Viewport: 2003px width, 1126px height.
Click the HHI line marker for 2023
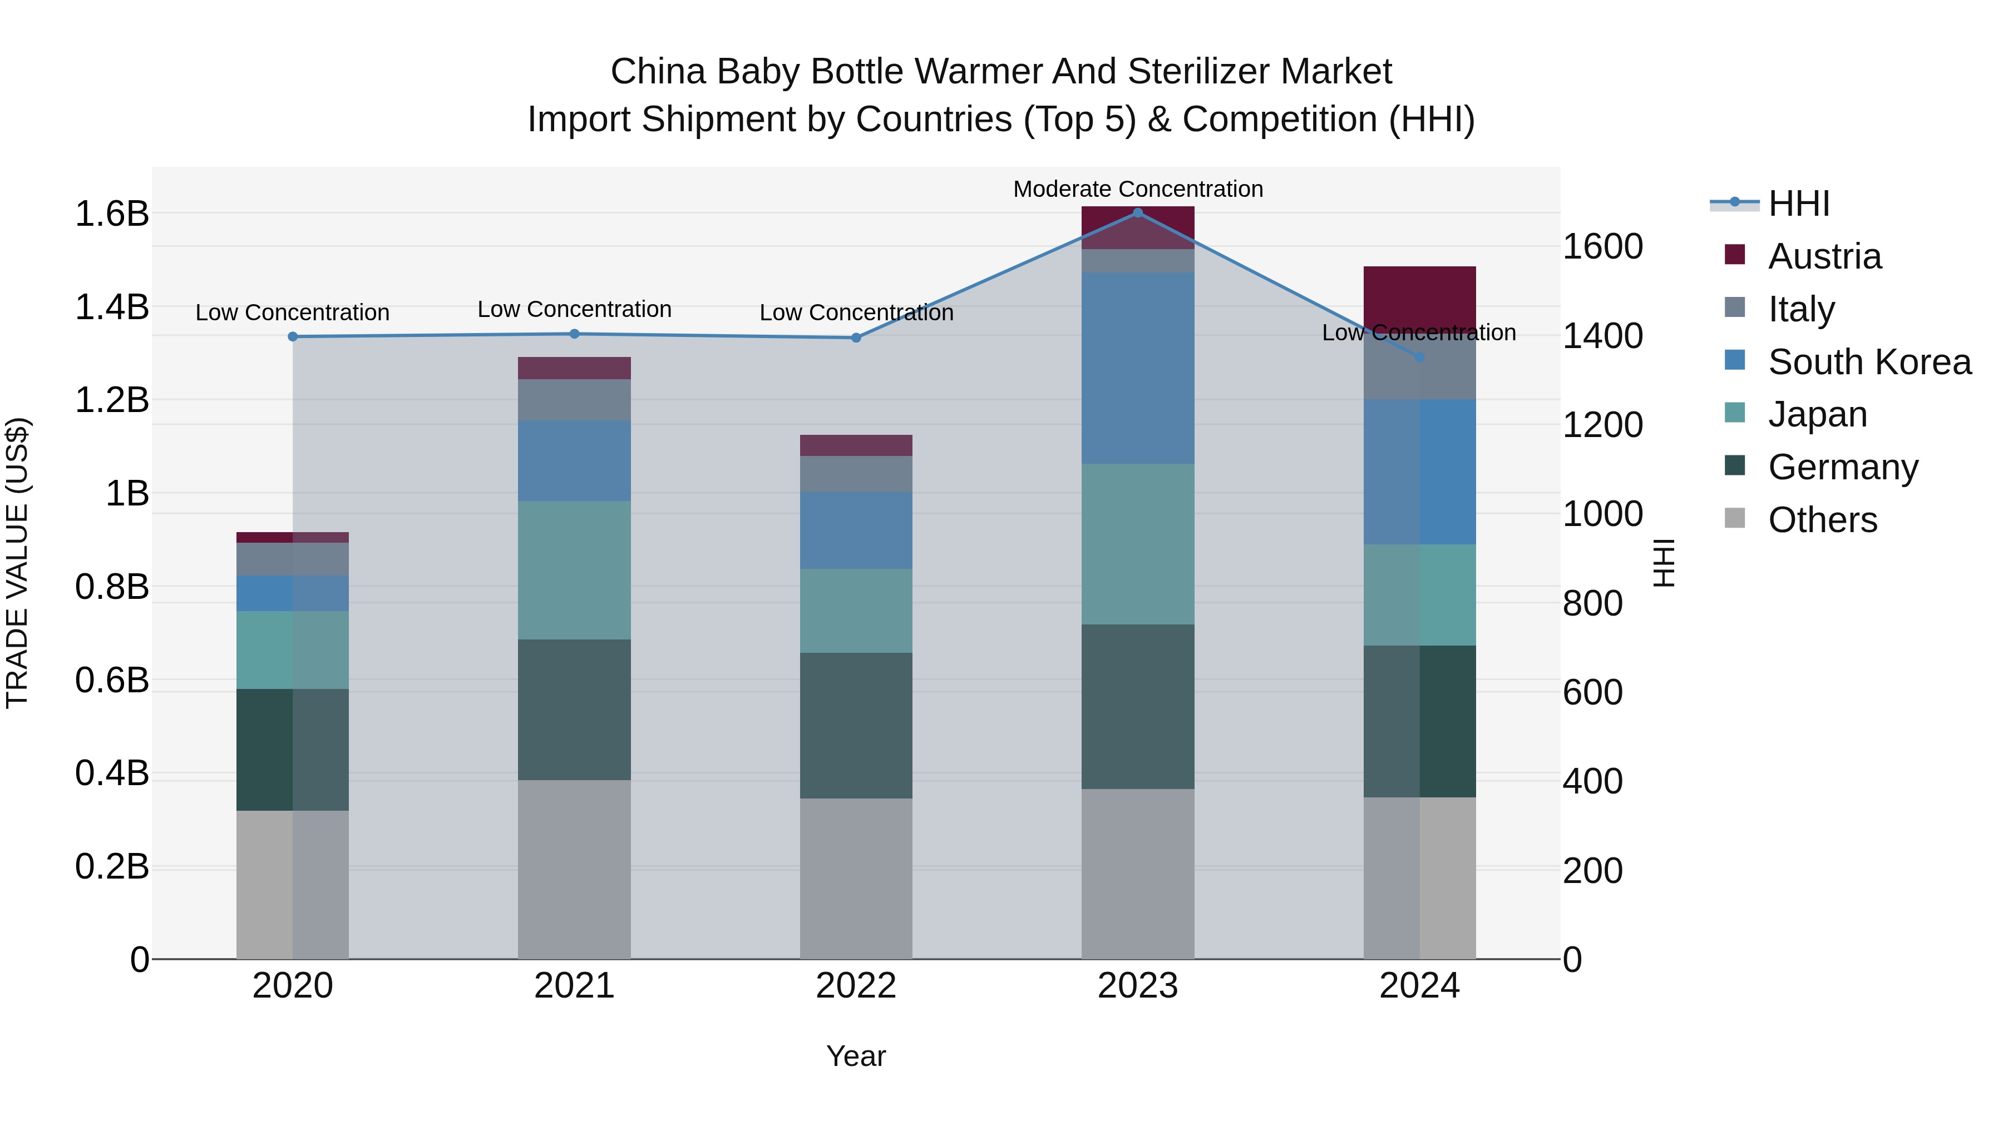click(x=1138, y=213)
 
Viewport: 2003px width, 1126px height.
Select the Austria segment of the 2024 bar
click(x=1420, y=295)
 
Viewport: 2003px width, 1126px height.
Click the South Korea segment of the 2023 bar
click(x=1138, y=368)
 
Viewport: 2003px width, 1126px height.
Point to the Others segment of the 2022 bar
click(x=856, y=878)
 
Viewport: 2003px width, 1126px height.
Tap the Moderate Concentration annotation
click(x=1138, y=189)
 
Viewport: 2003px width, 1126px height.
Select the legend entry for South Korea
click(x=1869, y=362)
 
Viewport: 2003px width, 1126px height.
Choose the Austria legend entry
click(x=1824, y=256)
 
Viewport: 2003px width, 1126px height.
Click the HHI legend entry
click(x=1798, y=204)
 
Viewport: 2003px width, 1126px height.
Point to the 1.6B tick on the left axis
click(x=111, y=214)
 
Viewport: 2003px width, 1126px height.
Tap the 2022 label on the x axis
click(x=856, y=986)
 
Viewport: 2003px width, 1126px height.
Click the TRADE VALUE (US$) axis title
click(x=17, y=563)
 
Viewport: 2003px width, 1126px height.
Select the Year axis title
click(x=856, y=1056)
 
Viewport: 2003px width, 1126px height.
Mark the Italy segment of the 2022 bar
click(x=856, y=473)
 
